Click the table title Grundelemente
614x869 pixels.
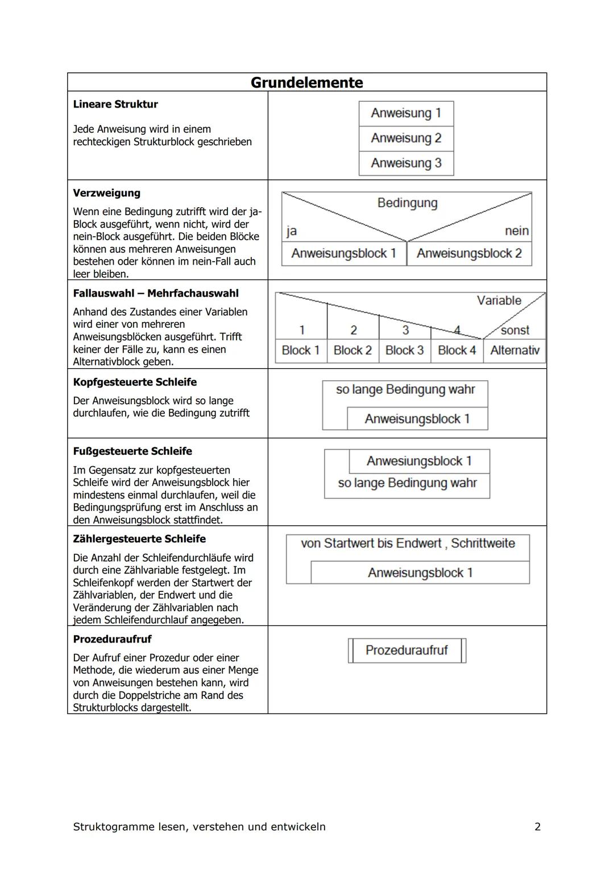pos(306,83)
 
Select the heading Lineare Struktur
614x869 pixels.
pos(115,104)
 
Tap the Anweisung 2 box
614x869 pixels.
pos(406,138)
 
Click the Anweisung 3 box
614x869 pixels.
pos(406,163)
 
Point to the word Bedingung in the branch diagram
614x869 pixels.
pos(407,203)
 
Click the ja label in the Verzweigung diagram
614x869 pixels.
pos(292,230)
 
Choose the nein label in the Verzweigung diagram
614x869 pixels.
pos(516,231)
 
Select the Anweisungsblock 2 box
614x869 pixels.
pos(469,254)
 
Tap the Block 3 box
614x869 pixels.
pos(404,351)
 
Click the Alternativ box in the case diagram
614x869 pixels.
pos(515,351)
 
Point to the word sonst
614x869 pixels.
pos(515,330)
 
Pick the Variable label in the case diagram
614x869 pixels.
pos(499,300)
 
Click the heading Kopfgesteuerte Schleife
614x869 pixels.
pos(135,382)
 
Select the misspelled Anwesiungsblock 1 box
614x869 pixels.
pos(419,461)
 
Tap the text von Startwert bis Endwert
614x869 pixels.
pos(371,543)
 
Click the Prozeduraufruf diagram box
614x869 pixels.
pos(406,650)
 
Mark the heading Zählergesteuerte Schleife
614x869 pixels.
pos(139,539)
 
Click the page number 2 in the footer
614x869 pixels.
pos(537,827)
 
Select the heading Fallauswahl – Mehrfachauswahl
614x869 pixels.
pos(156,293)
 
